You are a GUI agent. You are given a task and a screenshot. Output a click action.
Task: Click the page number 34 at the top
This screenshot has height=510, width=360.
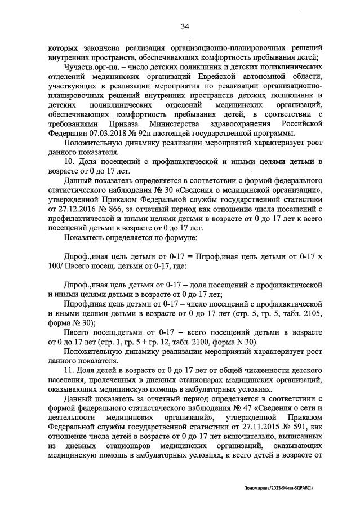pyautogui.click(x=185, y=26)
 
